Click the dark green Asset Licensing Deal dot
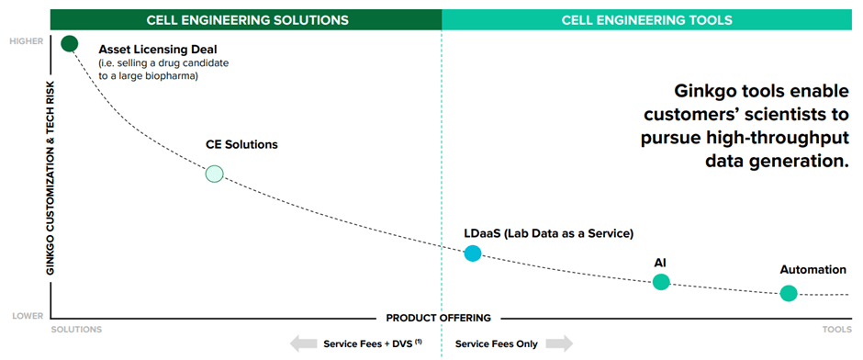69,43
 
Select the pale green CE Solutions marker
214,173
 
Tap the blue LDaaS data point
472,253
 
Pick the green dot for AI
661,282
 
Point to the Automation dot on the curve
788,293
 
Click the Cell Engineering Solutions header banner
247,18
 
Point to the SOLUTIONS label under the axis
76,328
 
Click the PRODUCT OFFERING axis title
439,318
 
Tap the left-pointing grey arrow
302,343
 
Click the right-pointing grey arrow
559,343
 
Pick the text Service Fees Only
497,343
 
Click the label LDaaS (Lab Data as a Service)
549,233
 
